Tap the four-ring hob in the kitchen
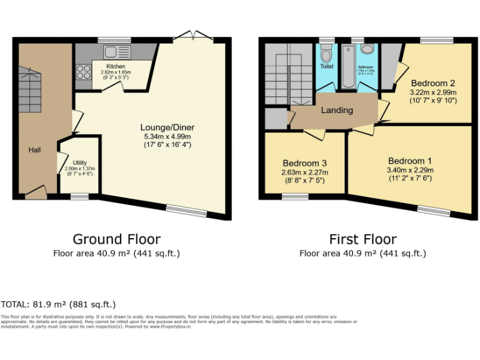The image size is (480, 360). coord(82,72)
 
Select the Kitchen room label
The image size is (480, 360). coord(115,66)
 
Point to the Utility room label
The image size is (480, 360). coord(79,162)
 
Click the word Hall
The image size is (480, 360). coord(34,150)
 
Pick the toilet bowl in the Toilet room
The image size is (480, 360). coord(327,51)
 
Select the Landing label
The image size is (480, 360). coord(337,111)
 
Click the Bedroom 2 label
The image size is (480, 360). coord(432,83)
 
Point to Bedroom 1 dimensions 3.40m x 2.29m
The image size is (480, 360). coord(409,169)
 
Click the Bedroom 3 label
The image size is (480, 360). coord(304,164)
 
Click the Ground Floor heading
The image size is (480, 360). coord(116,239)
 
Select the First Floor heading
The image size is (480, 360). coord(362,239)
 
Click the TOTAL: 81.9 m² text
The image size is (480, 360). coord(58,304)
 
